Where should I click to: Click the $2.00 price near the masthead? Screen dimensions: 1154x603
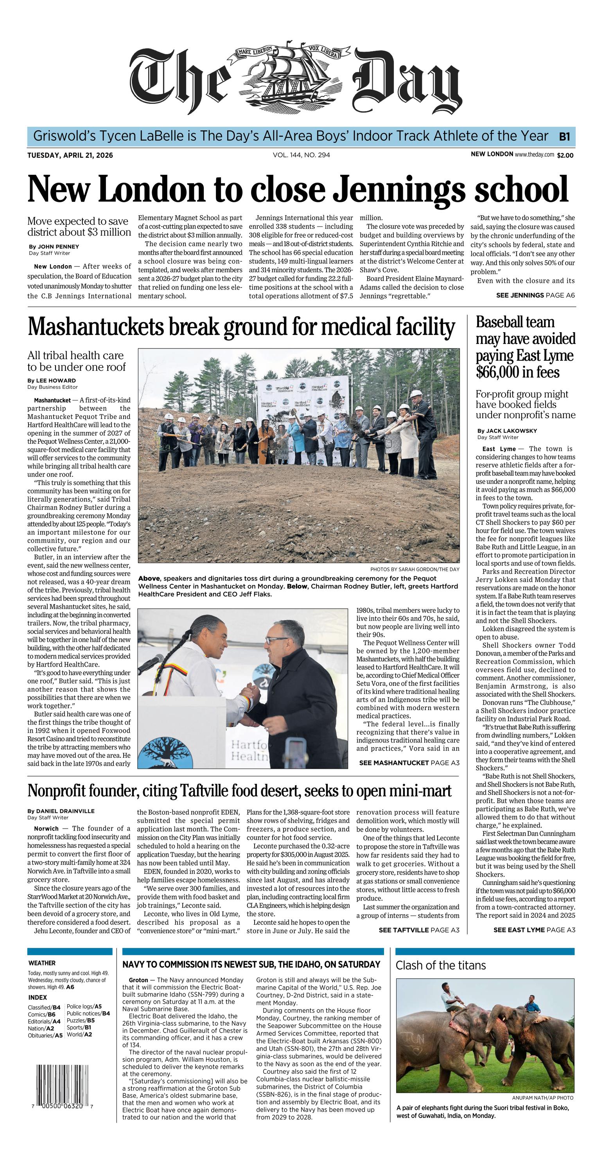coord(565,155)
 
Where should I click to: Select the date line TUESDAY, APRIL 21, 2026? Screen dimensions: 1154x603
coord(70,155)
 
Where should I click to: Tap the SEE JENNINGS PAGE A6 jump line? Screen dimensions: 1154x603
coord(535,295)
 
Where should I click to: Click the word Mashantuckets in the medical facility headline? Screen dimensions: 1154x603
coord(95,327)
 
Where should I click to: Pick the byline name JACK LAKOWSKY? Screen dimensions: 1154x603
coord(507,431)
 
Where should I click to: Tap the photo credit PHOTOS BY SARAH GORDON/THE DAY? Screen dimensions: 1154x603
coord(415,570)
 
